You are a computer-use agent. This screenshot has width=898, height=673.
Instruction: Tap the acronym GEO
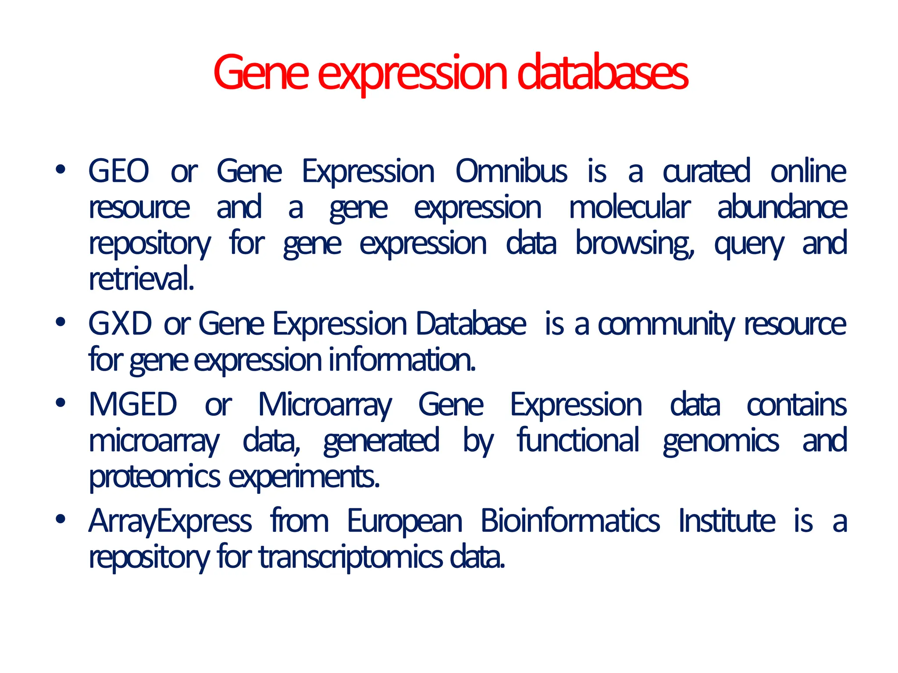click(x=119, y=171)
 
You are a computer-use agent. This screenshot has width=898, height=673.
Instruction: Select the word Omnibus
click(x=511, y=171)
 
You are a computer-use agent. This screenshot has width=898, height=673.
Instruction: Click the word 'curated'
click(x=706, y=171)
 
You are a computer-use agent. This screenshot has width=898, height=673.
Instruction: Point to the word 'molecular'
click(x=630, y=207)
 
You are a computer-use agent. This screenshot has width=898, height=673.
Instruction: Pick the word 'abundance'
click(x=782, y=207)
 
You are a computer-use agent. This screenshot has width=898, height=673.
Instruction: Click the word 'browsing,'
click(x=635, y=244)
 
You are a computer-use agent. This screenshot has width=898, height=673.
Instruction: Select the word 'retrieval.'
click(x=141, y=279)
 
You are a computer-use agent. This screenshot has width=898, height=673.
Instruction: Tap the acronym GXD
click(x=120, y=324)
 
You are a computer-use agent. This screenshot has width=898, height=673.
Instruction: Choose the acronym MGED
click(x=133, y=404)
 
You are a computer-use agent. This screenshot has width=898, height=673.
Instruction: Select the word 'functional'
click(x=578, y=440)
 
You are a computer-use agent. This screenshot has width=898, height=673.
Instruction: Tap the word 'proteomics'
click(x=154, y=477)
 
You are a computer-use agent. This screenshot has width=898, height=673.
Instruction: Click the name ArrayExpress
click(x=170, y=521)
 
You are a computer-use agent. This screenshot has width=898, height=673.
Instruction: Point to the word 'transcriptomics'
click(x=351, y=557)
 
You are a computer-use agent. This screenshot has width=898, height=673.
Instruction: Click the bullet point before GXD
click(x=61, y=322)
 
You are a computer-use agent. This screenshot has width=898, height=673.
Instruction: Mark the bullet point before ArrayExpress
click(x=61, y=519)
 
